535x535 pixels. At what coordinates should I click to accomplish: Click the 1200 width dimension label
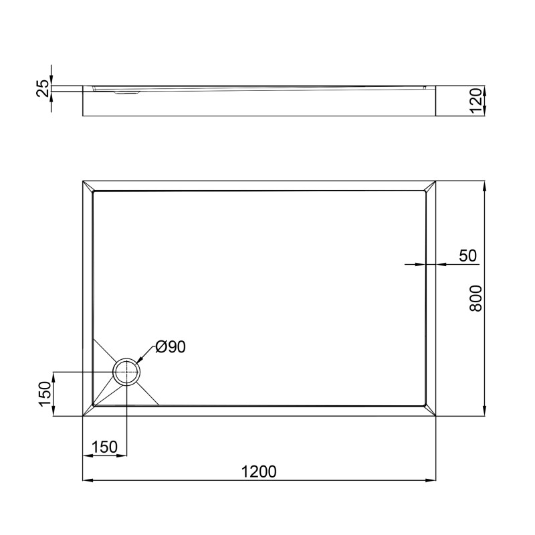coord(259,471)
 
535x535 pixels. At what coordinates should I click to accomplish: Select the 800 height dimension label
coord(474,298)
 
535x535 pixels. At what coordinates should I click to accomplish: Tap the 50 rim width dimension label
coord(467,255)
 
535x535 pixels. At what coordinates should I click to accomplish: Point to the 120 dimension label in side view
coord(475,101)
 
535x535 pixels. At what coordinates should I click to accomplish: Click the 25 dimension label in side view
coord(42,88)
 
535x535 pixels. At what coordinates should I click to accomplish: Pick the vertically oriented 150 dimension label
coord(42,395)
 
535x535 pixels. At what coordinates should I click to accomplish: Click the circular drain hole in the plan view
coord(126,372)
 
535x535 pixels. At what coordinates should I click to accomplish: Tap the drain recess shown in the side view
coord(127,93)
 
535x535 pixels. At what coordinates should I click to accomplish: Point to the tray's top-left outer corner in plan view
coord(83,181)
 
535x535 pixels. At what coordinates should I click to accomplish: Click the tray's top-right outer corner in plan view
coord(436,181)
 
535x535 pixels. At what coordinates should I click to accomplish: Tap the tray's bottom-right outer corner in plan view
coord(436,416)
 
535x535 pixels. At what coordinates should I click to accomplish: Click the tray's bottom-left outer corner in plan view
coord(83,416)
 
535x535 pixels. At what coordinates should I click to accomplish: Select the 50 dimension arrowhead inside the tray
coord(423,264)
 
